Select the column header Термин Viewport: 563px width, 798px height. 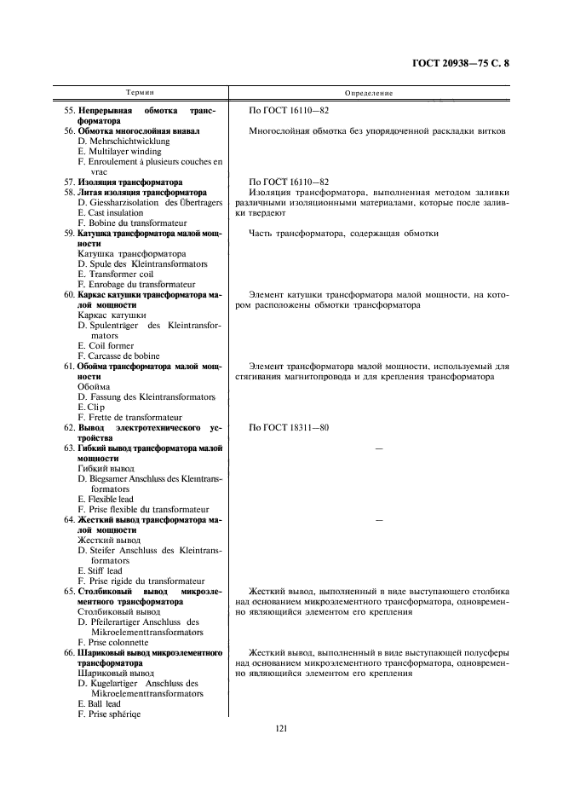click(141, 91)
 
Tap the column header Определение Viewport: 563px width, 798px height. click(369, 91)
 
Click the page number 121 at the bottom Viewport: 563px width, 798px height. click(281, 727)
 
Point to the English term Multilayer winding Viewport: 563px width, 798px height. click(124, 151)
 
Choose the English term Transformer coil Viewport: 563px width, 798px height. click(118, 274)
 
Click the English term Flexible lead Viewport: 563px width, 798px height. click(110, 499)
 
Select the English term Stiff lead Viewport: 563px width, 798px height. click(106, 570)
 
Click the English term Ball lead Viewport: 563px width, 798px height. click(102, 703)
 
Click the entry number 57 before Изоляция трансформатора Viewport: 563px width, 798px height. click(69, 182)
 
